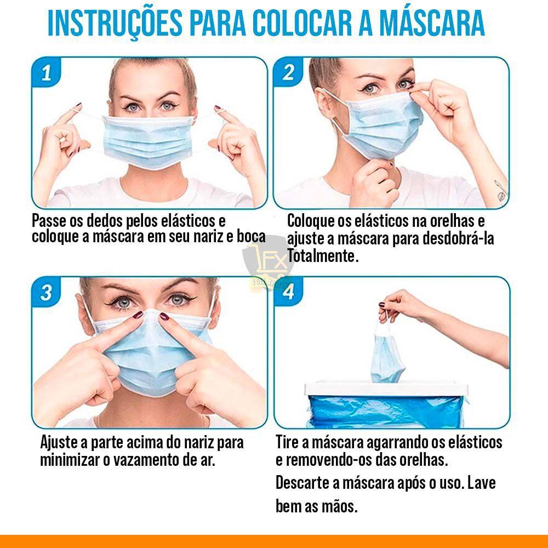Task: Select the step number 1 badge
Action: point(46,73)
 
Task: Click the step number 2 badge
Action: point(289,72)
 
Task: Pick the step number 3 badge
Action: point(46,292)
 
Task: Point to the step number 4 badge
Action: point(289,292)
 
